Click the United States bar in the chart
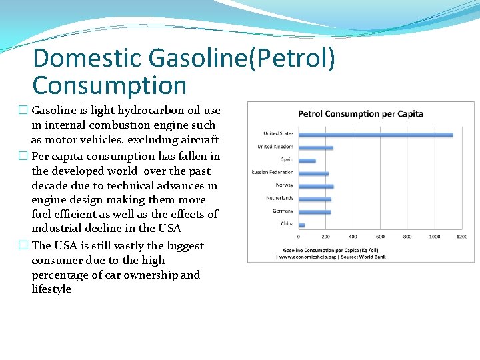(375, 135)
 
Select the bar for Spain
(307, 161)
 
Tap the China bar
(301, 225)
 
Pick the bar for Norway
(315, 186)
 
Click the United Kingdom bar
(315, 147)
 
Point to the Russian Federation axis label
(272, 173)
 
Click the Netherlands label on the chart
(280, 198)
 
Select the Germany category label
(283, 211)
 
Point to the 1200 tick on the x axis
(461, 237)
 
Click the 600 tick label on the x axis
(380, 237)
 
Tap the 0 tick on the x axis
(298, 237)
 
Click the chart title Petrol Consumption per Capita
(360, 113)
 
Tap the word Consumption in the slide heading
(109, 85)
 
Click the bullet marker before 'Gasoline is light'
(23, 111)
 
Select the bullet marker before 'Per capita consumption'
(23, 157)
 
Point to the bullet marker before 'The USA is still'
(23, 246)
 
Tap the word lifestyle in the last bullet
(51, 289)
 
